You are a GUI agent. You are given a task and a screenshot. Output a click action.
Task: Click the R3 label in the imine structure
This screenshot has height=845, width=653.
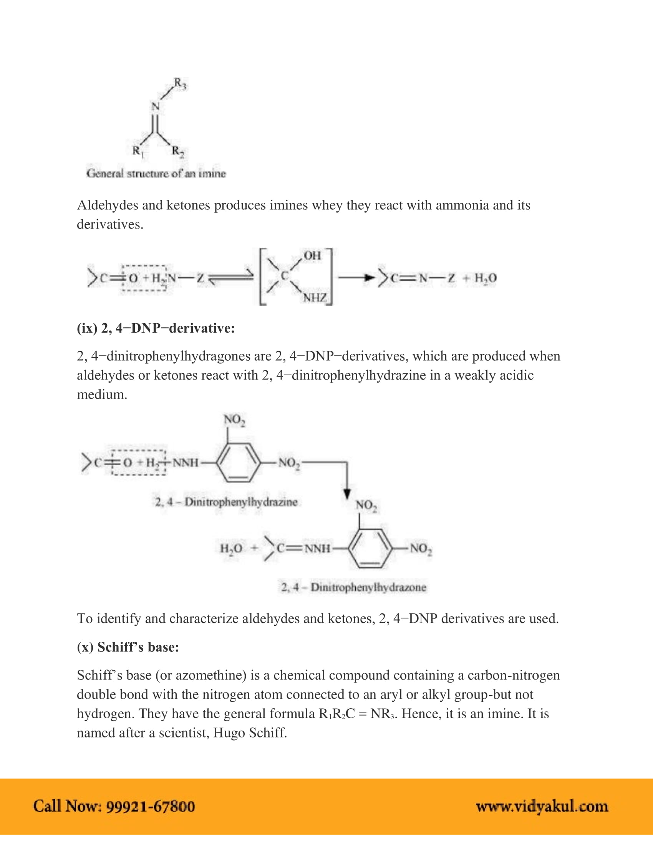179,84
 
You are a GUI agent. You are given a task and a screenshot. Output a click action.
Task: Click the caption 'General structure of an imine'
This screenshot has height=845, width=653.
156,173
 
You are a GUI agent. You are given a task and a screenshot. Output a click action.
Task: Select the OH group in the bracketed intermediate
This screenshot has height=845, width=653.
312,255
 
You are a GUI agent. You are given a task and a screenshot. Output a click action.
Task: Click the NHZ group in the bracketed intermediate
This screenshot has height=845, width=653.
315,298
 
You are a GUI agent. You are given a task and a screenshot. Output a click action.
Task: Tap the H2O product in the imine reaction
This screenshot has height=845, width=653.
486,278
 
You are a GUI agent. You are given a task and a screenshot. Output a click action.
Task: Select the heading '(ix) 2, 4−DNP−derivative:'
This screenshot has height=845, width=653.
156,328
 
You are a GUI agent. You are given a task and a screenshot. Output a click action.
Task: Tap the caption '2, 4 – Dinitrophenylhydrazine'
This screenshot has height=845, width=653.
226,502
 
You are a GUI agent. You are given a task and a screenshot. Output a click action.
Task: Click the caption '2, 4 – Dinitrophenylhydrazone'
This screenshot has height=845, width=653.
353,587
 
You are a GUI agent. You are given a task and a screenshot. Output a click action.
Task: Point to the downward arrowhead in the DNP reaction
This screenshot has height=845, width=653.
347,494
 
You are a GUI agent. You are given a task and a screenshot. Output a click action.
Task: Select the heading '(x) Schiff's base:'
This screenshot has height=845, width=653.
128,647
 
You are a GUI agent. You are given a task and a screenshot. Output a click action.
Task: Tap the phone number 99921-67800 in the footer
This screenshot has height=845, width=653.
151,806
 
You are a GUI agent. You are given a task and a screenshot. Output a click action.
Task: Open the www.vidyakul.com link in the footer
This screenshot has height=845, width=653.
542,806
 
